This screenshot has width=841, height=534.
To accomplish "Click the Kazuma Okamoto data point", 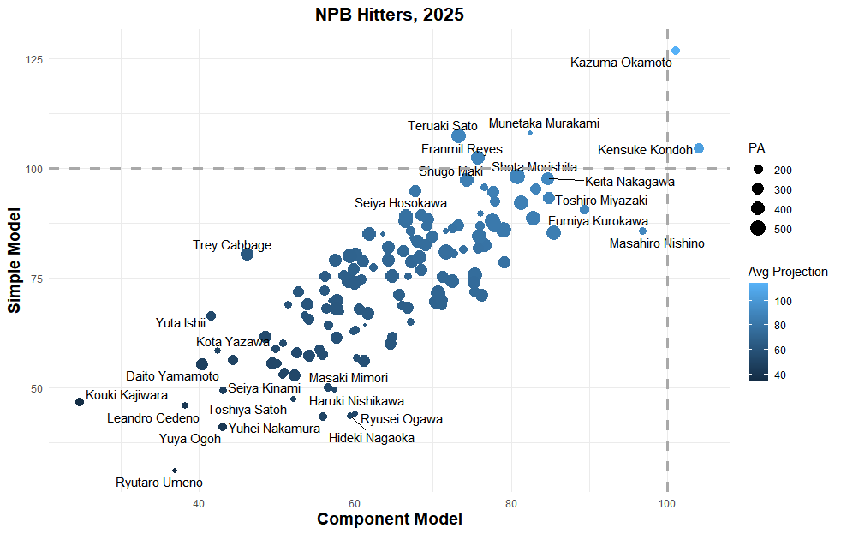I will click(x=676, y=51).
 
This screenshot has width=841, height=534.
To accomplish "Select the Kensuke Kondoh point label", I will click(x=645, y=150).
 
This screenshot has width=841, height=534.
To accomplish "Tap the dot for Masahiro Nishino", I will click(x=642, y=231).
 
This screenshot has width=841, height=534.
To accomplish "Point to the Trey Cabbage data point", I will click(x=247, y=254).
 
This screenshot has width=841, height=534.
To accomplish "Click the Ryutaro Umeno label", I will click(x=159, y=483).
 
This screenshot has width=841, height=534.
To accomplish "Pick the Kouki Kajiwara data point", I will click(x=80, y=402).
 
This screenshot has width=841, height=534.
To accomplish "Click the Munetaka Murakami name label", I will click(x=544, y=123).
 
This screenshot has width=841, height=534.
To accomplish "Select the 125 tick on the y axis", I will click(x=34, y=59).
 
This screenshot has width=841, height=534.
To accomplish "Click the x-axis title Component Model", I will click(x=390, y=519).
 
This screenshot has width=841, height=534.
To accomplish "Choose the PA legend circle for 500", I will click(x=758, y=229).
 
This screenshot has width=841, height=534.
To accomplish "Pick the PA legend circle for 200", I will click(x=758, y=170).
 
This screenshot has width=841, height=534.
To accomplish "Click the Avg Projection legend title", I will click(x=788, y=272).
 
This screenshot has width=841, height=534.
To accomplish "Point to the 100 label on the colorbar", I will click(x=784, y=301).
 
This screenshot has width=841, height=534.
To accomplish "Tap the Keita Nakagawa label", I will click(x=629, y=182).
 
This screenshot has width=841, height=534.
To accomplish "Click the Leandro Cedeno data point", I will click(x=185, y=405).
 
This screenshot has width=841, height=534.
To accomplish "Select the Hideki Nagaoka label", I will click(x=372, y=439).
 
